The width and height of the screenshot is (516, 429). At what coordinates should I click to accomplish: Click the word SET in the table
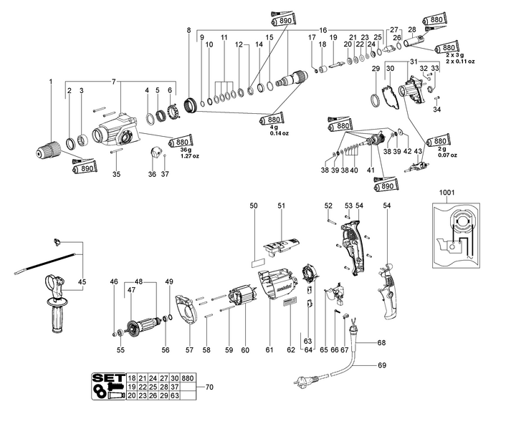coord(109,377)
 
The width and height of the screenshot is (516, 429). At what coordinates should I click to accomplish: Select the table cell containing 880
coord(188,377)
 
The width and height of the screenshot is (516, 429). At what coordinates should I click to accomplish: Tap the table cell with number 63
coord(175,395)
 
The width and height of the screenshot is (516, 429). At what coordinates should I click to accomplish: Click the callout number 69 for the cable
coord(381,365)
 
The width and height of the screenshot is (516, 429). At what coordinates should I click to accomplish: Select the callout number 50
coord(253,206)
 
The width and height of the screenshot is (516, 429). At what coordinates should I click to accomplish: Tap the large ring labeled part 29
coord(376,100)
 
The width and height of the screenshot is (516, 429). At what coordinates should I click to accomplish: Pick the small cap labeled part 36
coord(153,153)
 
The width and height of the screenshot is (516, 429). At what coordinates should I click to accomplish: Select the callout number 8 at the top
coord(188,30)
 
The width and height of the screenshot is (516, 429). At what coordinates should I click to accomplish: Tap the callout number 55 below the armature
coord(121,350)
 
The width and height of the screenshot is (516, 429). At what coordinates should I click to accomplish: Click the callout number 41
coord(371,170)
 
